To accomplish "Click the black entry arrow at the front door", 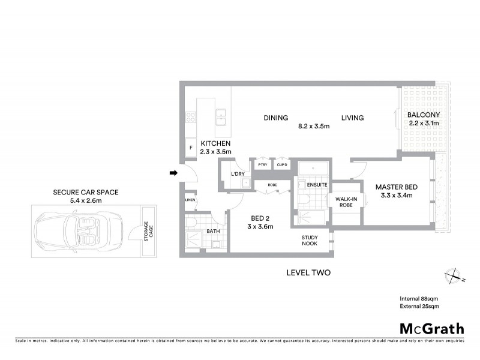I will tap(173, 173).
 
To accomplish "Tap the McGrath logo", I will tap(432, 328).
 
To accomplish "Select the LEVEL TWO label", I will tap(308, 272).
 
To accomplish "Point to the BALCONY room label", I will tap(424, 115).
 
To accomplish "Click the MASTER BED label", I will tap(396, 187).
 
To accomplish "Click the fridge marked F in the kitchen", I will tap(190, 147).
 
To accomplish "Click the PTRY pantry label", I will tap(262, 164).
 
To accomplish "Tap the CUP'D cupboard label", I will tap(281, 164).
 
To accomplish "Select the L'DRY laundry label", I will tap(238, 174).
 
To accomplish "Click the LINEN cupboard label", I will tap(190, 200).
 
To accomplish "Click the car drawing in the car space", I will tap(77, 230).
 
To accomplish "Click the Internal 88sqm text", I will tap(419, 299).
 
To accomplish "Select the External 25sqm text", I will tap(419, 307).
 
